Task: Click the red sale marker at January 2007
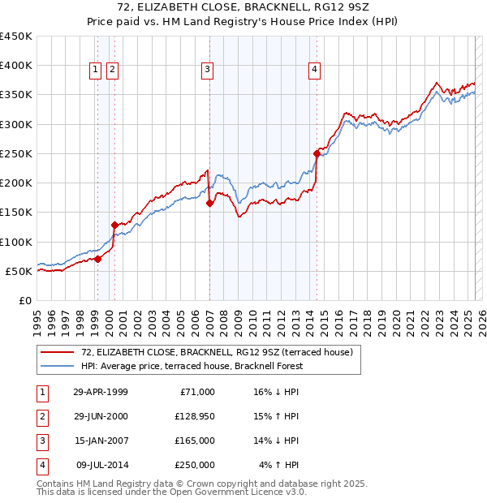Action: click(x=209, y=204)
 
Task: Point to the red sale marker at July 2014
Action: click(x=317, y=153)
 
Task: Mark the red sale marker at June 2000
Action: click(x=114, y=225)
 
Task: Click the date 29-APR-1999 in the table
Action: click(x=100, y=392)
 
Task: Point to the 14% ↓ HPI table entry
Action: click(x=277, y=441)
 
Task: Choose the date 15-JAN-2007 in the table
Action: click(x=100, y=441)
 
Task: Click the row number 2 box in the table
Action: click(x=41, y=416)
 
